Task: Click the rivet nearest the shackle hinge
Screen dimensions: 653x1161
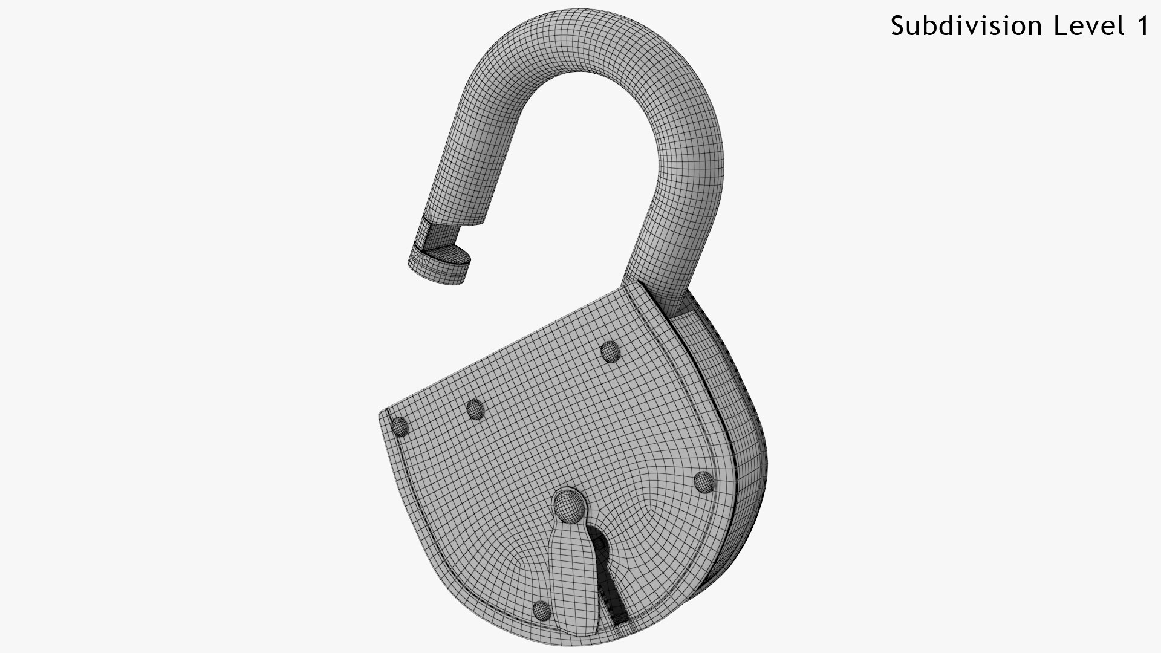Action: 610,351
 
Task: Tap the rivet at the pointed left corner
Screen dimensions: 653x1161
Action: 400,427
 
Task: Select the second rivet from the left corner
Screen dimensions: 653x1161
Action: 476,410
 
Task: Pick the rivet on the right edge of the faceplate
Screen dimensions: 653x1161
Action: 703,482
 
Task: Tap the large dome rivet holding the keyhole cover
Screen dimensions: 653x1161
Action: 569,505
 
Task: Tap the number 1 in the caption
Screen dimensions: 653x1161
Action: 1141,25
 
